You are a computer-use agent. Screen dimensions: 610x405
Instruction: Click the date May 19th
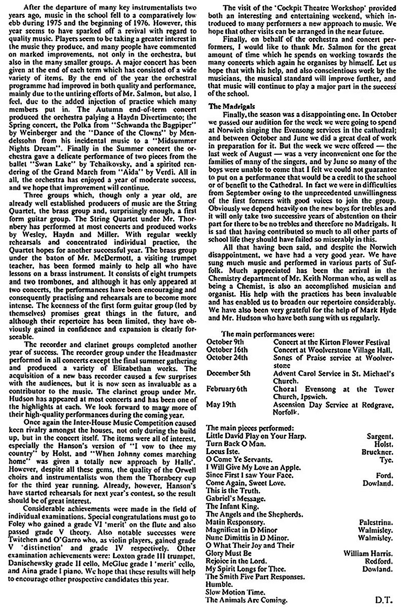coord(221,404)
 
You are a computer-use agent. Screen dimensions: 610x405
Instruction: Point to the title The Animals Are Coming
coord(247,600)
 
